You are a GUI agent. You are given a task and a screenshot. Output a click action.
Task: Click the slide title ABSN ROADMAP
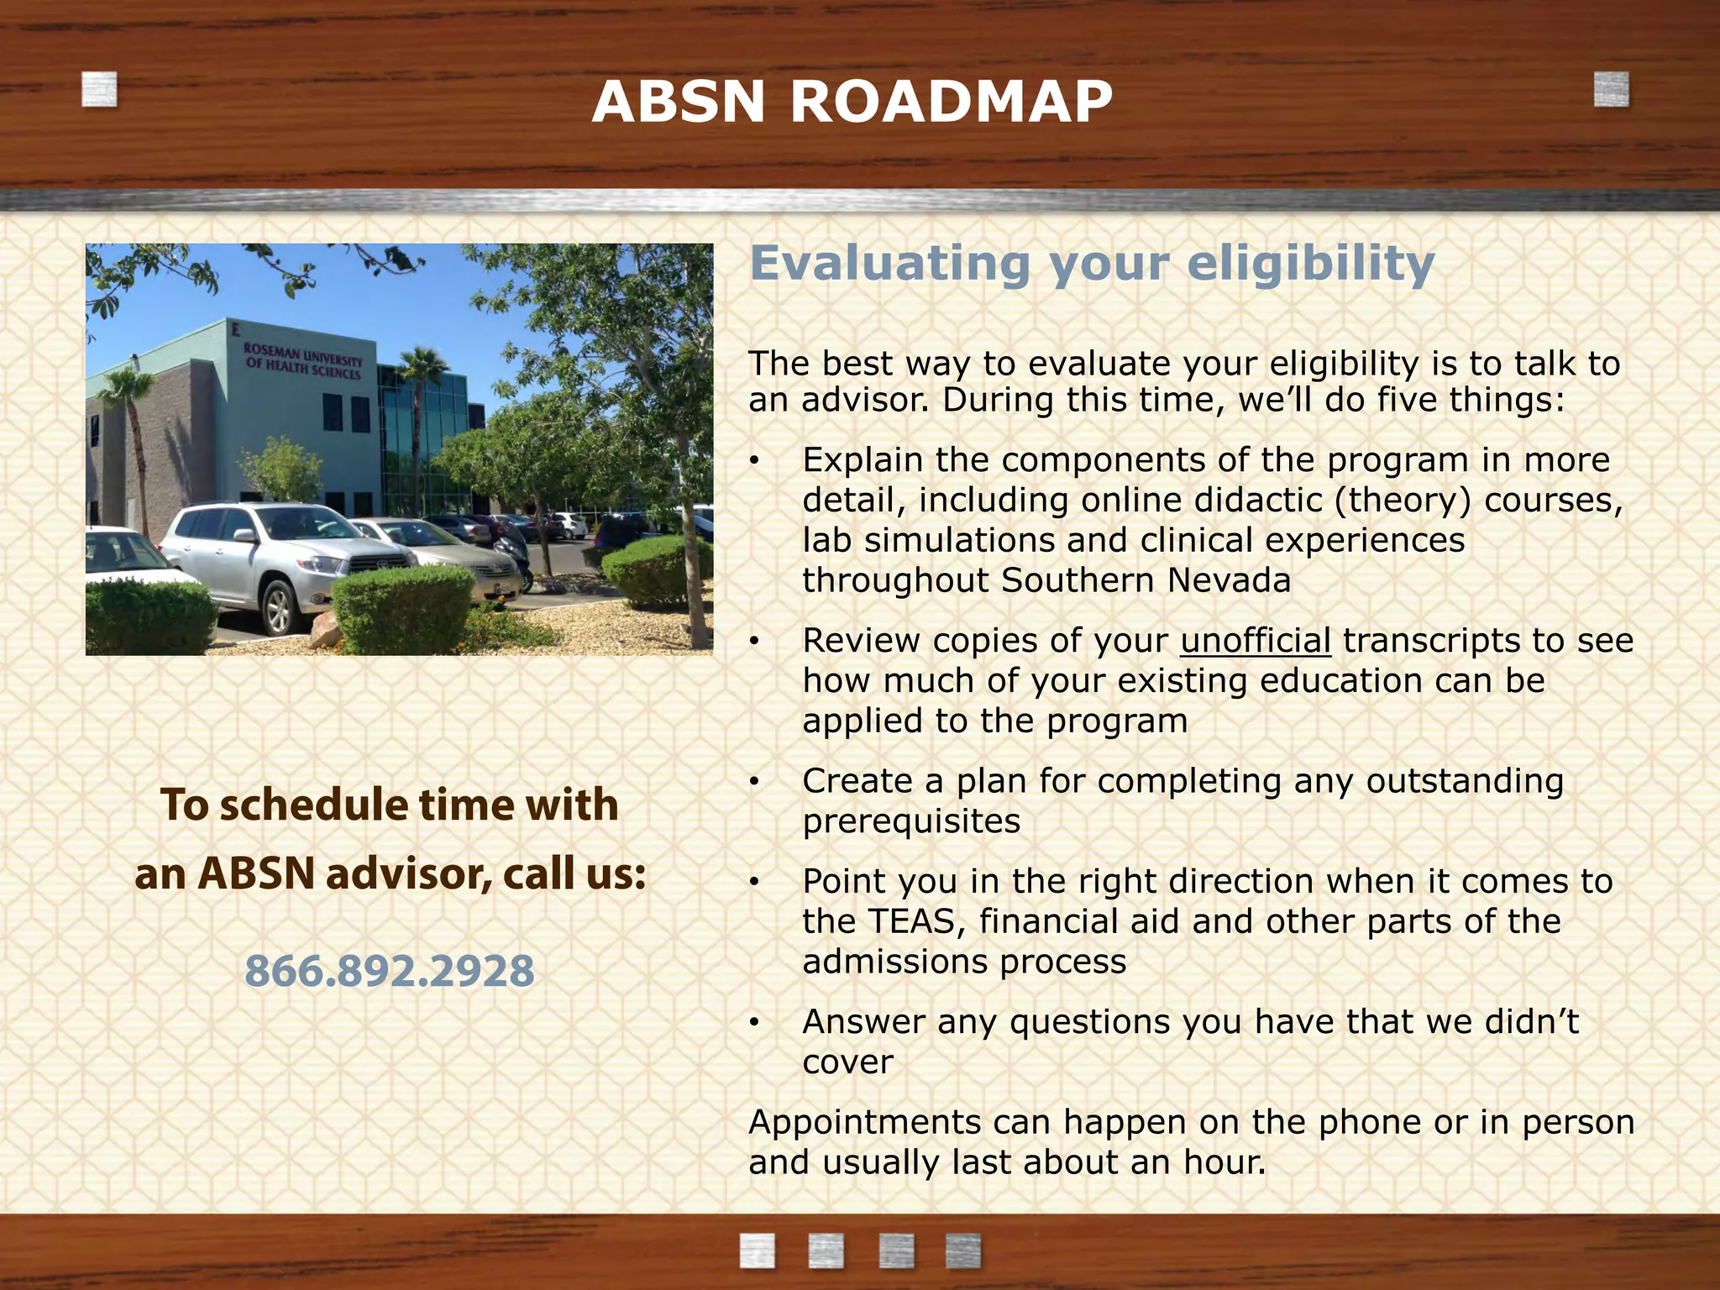tap(852, 102)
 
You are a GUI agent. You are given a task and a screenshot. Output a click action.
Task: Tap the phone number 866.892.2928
tap(389, 971)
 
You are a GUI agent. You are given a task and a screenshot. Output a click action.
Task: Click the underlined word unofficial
tap(1255, 641)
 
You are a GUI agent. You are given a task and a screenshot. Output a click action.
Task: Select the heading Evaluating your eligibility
tap(1092, 263)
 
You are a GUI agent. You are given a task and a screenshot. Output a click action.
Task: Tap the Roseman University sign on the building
tap(303, 360)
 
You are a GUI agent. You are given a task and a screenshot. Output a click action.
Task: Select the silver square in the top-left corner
tap(99, 90)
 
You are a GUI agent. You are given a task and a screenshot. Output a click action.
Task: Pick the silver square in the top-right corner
tap(1611, 90)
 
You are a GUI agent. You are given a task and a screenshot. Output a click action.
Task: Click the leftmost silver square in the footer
tap(757, 1251)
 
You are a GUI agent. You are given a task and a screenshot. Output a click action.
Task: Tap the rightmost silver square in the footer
tap(962, 1251)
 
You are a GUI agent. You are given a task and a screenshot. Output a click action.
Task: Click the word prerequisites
tap(911, 821)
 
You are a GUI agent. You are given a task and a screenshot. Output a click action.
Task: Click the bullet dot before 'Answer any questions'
tap(755, 1023)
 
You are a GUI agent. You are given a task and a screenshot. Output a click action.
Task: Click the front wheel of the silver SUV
tap(277, 607)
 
